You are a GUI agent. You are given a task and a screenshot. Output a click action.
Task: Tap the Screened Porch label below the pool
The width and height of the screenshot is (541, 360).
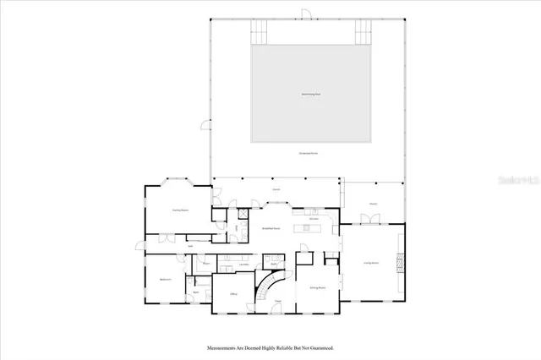[x=307, y=153]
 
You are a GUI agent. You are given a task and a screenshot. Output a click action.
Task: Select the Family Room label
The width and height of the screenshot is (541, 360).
[x=179, y=210]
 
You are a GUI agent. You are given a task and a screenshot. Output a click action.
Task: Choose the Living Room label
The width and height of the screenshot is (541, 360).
[x=370, y=265]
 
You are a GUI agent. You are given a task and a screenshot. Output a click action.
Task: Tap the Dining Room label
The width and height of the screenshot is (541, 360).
[x=318, y=288]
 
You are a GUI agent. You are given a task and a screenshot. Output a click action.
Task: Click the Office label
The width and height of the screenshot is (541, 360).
[x=233, y=293]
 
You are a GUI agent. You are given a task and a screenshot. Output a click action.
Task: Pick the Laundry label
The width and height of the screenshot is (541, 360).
[x=243, y=265]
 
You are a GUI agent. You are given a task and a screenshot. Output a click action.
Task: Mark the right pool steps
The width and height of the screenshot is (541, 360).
[x=363, y=33]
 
